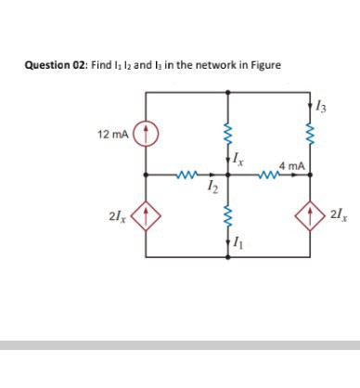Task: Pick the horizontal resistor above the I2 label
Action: [x=187, y=174]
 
